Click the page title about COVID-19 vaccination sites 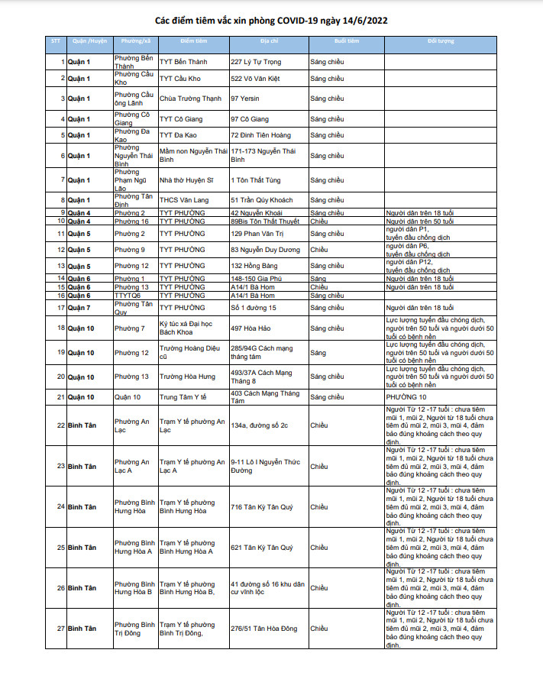(x=271, y=21)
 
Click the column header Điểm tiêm (x=192, y=40)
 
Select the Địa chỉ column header (x=269, y=40)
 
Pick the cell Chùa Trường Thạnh (x=190, y=99)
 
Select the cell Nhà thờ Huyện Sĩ (x=187, y=180)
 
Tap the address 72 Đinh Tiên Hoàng (x=261, y=135)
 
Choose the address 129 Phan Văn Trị (x=257, y=233)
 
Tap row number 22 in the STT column (x=60, y=425)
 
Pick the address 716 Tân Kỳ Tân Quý (x=262, y=506)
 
